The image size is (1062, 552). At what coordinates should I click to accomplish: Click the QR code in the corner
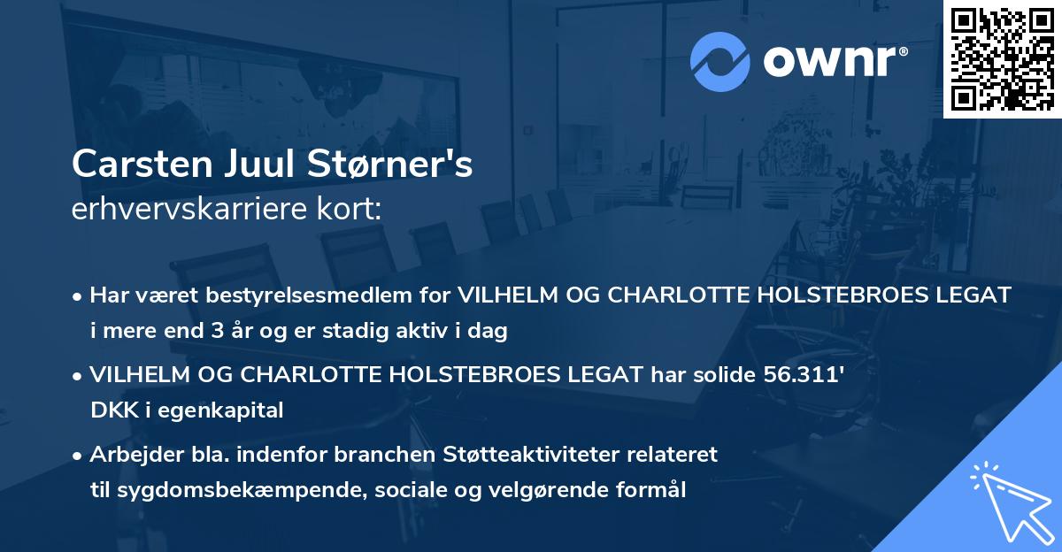pyautogui.click(x=1002, y=59)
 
